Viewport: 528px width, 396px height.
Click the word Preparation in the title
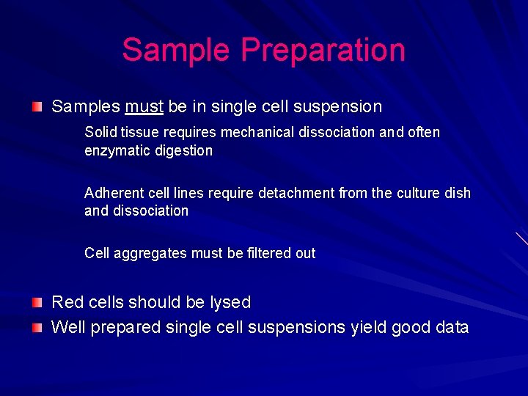[x=323, y=51]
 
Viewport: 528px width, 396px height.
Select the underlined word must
[x=144, y=107]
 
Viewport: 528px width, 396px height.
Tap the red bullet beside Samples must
[x=37, y=107]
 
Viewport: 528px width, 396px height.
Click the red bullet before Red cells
[x=37, y=302]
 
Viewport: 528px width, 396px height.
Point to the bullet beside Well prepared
[x=37, y=328]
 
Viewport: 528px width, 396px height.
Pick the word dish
[x=458, y=193]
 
